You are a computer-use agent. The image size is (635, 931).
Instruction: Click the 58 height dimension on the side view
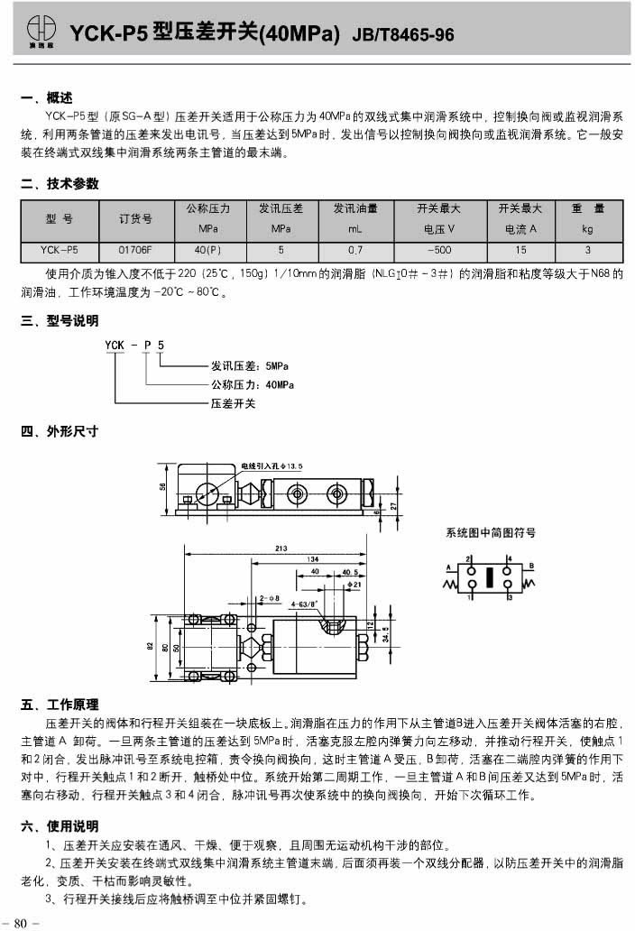(x=163, y=486)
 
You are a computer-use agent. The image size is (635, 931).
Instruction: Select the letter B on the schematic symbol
(x=532, y=567)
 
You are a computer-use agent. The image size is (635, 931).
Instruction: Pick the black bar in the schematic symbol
(x=489, y=577)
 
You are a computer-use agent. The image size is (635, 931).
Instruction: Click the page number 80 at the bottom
(x=21, y=920)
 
